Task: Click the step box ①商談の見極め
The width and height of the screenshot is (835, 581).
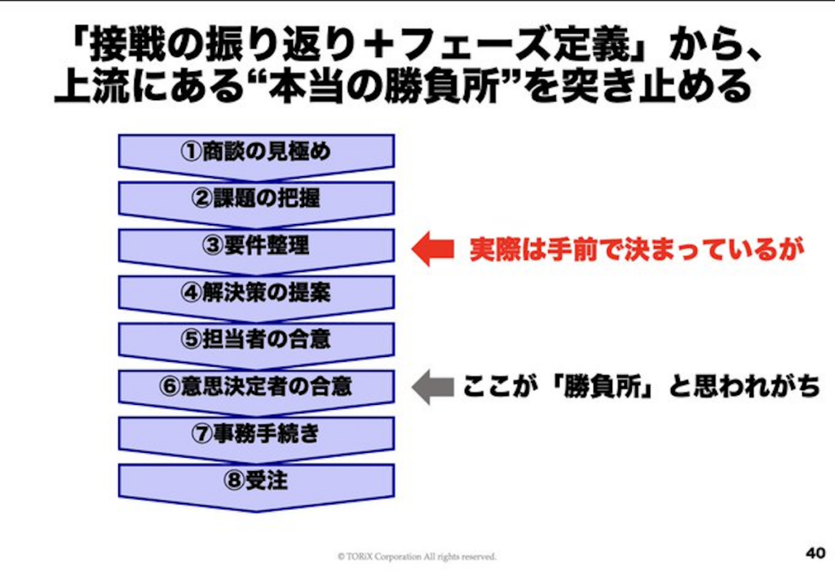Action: point(256,151)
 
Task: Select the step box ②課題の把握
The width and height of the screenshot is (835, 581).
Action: point(256,198)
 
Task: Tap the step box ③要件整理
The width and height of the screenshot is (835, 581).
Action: point(256,245)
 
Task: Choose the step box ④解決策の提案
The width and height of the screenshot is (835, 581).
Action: point(256,292)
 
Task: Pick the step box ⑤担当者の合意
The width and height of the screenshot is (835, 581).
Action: point(256,338)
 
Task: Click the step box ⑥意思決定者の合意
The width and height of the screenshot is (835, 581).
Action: point(256,385)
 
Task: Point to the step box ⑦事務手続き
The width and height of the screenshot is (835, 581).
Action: point(256,433)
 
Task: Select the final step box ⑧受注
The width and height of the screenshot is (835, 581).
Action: point(256,481)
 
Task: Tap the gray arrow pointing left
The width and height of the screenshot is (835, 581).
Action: point(432,386)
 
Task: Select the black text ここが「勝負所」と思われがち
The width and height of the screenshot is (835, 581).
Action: point(641,386)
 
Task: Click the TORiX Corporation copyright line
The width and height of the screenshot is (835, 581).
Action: point(417,557)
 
